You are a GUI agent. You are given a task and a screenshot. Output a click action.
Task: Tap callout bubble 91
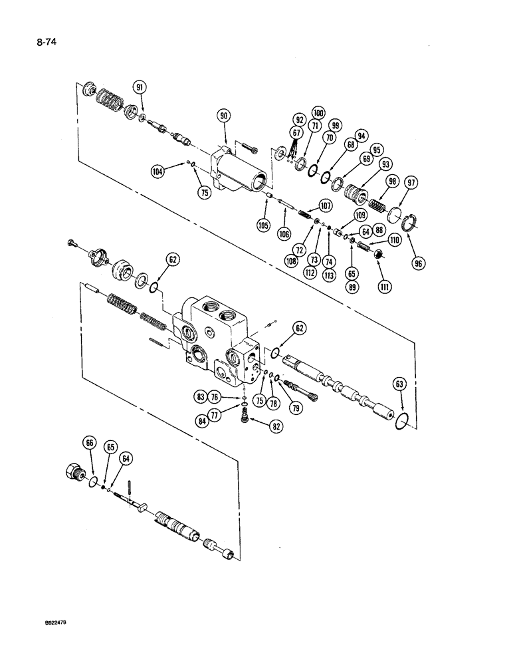[140, 87]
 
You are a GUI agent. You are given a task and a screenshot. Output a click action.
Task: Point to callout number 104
[157, 170]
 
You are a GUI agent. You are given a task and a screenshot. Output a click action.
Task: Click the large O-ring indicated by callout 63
[401, 420]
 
